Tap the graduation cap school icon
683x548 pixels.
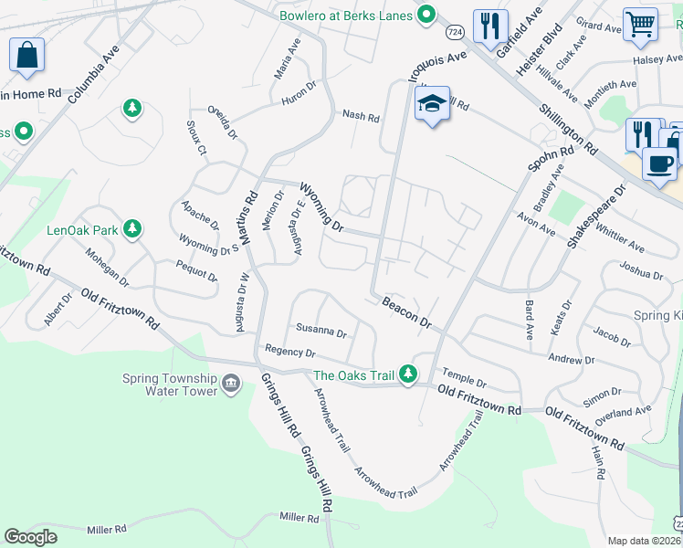(x=432, y=103)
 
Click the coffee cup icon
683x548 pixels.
(x=658, y=163)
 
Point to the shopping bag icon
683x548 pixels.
(x=26, y=55)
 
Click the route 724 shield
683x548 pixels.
(x=456, y=32)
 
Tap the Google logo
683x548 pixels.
(x=31, y=537)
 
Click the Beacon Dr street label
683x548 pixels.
(x=406, y=311)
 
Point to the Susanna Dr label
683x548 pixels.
(x=320, y=332)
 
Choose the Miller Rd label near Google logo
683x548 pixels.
(x=107, y=530)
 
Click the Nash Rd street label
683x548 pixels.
(x=361, y=116)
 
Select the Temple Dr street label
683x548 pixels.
(x=465, y=378)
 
